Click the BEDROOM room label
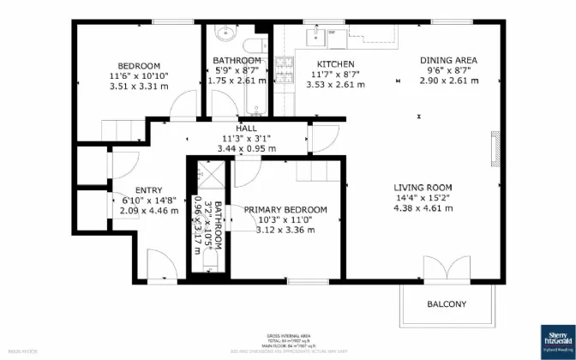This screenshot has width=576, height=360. [x=139, y=66]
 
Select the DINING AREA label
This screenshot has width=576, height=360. [x=448, y=60]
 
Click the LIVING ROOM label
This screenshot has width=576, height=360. [x=423, y=188]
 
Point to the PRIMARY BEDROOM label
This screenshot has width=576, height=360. [x=285, y=210]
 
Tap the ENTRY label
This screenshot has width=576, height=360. [x=148, y=190]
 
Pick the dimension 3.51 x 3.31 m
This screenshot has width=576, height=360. [x=139, y=87]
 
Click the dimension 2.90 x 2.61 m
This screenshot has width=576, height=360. [x=448, y=81]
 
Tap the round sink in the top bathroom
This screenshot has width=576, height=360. [x=225, y=36]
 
